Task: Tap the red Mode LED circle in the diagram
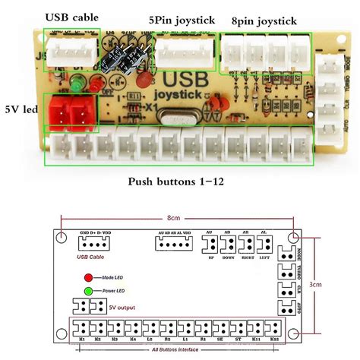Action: (88, 279)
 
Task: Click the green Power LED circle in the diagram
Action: (88, 291)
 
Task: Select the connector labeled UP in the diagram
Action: (209, 245)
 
